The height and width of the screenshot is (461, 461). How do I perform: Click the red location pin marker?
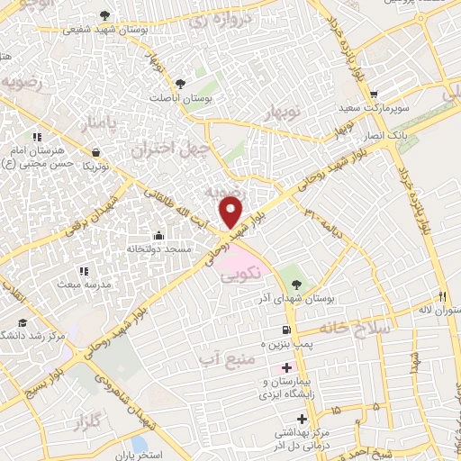click(x=231, y=211)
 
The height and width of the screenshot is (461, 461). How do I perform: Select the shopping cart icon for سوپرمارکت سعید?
click(x=374, y=95)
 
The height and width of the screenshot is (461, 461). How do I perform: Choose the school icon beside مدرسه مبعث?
click(x=84, y=270)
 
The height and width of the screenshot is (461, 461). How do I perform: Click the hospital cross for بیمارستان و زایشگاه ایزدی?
click(x=287, y=367)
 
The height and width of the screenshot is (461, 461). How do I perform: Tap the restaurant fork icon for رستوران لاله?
click(x=442, y=296)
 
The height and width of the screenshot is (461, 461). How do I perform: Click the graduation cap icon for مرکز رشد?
click(x=22, y=322)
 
